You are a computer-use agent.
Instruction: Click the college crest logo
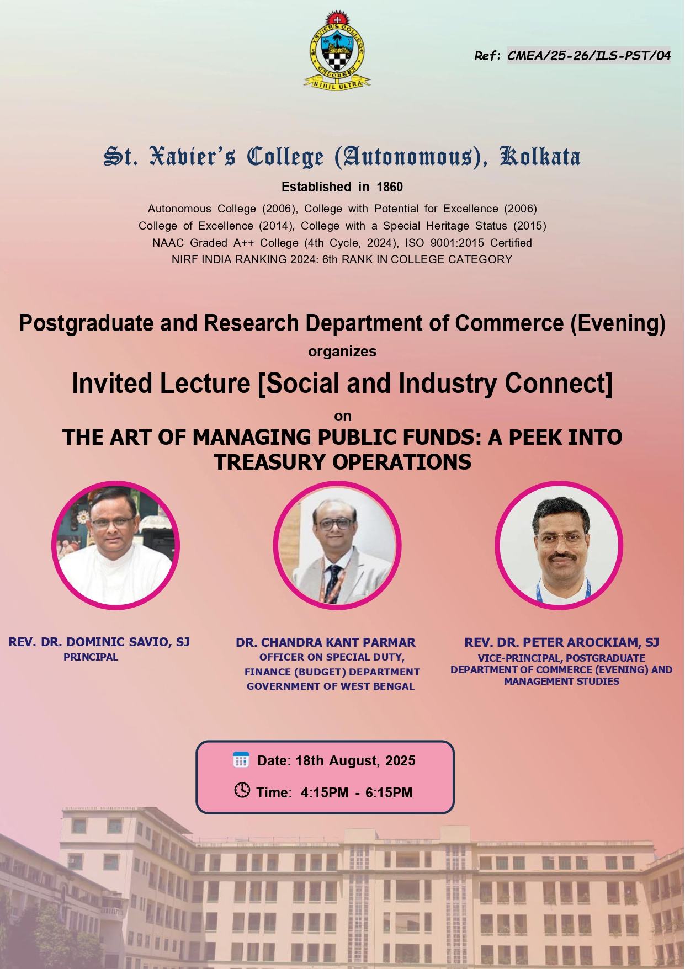[337, 50]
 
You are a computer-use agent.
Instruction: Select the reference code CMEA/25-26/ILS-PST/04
[589, 55]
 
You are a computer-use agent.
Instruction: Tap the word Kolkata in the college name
[540, 156]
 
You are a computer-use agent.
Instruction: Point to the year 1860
[390, 187]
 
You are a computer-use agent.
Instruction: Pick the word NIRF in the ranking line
[185, 259]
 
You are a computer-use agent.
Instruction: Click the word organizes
[342, 352]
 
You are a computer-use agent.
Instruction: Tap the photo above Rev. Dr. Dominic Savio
[116, 545]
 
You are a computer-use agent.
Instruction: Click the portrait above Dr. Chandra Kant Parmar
[337, 545]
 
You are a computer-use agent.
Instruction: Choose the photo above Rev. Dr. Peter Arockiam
[559, 545]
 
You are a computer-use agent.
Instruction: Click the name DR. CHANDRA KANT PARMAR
[326, 642]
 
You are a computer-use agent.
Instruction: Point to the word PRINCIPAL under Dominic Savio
[91, 657]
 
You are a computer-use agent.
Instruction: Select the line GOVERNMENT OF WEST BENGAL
[331, 686]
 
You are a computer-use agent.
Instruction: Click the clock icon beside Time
[242, 790]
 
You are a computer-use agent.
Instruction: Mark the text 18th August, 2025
[355, 761]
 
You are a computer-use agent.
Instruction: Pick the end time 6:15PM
[389, 793]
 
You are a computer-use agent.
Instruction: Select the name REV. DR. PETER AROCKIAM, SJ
[562, 642]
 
